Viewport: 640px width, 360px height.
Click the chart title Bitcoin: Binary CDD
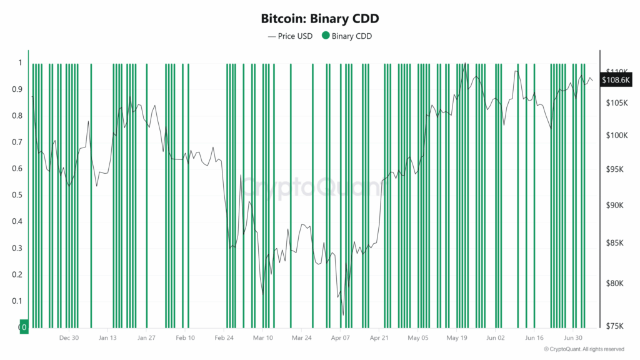(x=319, y=19)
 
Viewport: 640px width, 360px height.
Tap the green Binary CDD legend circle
(x=325, y=36)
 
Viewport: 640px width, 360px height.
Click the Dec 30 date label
(x=69, y=337)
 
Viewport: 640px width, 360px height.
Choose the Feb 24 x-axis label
(x=224, y=337)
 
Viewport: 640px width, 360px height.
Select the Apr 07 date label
(x=341, y=337)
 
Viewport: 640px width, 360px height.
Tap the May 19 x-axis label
(x=457, y=337)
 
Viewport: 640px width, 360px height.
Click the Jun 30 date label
(x=573, y=337)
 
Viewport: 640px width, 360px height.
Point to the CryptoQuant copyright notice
(x=584, y=349)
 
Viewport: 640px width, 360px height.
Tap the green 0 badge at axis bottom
(x=24, y=327)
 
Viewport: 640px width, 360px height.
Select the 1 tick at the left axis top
(x=20, y=62)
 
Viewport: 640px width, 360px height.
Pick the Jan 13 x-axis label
(x=108, y=337)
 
